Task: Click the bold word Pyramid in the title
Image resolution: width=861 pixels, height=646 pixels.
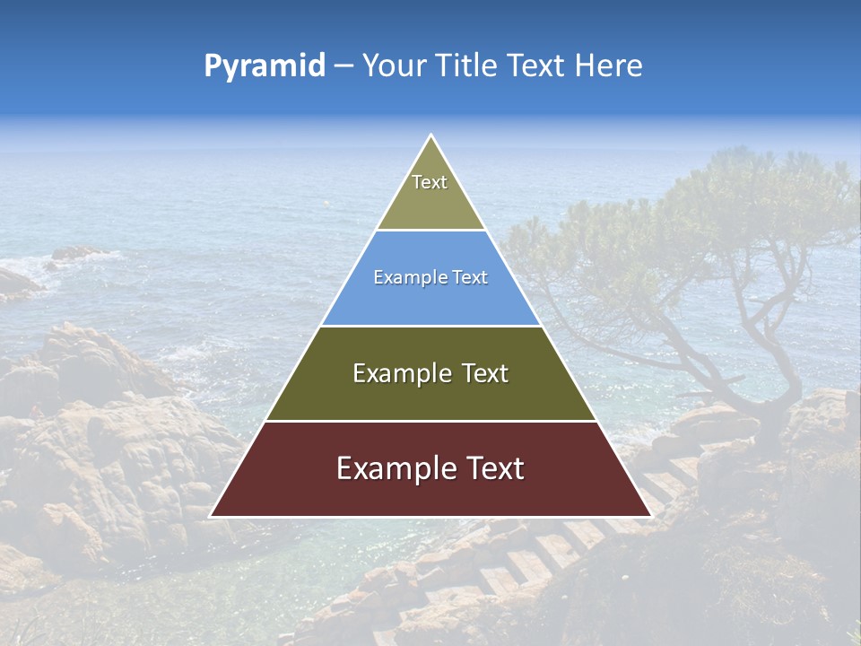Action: point(265,66)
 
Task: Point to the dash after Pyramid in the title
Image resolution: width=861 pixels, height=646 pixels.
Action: point(343,66)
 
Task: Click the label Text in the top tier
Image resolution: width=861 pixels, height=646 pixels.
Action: point(430,182)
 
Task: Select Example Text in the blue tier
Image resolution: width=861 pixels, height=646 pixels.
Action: point(430,277)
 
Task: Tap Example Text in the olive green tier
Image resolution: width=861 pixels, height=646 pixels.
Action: point(430,373)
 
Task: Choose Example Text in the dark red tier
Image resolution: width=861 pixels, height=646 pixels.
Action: point(430,468)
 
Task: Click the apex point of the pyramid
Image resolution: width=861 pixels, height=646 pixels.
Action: point(431,135)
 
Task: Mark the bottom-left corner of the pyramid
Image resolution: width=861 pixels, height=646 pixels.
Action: point(212,516)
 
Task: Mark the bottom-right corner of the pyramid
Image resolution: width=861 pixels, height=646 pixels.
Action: point(650,516)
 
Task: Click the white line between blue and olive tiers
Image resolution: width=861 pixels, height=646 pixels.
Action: point(430,326)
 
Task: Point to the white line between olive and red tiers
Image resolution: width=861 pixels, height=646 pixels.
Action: point(430,421)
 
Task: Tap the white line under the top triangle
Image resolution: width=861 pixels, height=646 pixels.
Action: point(430,230)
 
